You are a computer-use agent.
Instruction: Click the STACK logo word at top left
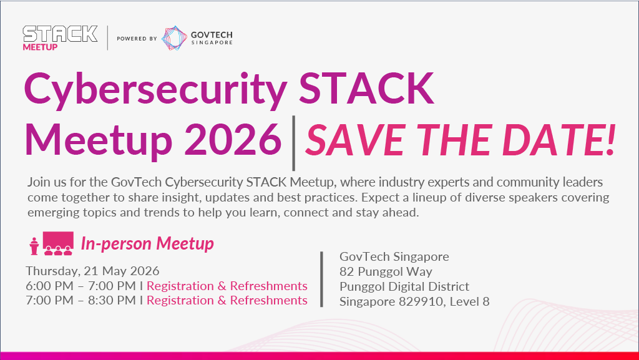pos(61,34)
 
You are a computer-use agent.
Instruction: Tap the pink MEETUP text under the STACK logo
pos(40,47)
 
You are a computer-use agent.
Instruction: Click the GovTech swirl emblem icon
pos(174,38)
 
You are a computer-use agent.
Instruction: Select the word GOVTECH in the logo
pos(212,35)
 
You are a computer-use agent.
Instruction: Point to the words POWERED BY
pos(137,39)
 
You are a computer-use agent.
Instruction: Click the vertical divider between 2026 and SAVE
pos(293,143)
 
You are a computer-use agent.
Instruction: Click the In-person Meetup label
pos(147,243)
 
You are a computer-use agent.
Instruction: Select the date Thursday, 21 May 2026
pos(92,271)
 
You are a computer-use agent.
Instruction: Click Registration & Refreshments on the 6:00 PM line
pos(227,286)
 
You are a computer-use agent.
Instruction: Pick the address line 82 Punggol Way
pos(386,271)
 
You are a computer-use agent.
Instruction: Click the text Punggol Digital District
pos(404,287)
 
